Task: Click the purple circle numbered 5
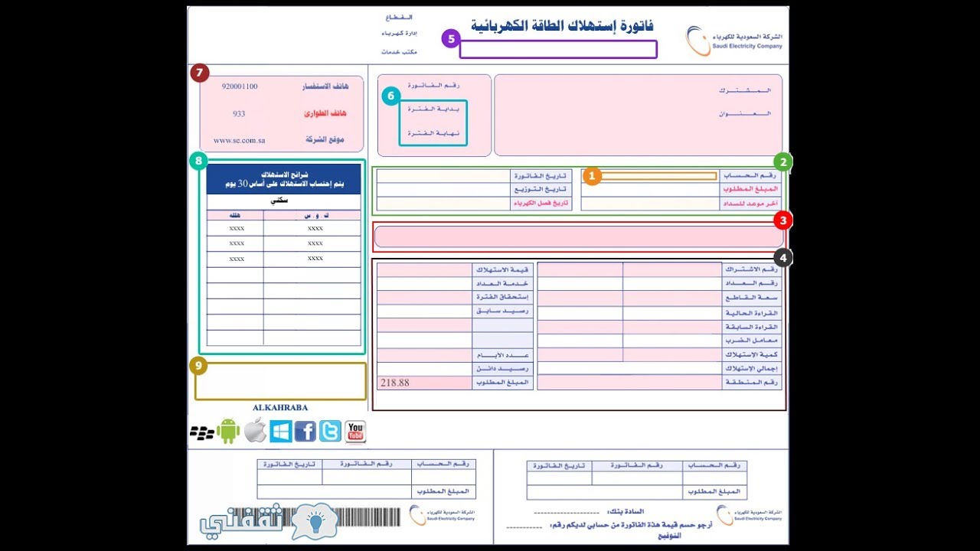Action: (451, 38)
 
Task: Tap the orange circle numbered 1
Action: (592, 176)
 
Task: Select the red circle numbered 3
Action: (782, 221)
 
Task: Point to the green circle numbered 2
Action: (782, 161)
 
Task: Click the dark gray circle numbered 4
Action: (782, 258)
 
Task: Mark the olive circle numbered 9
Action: (199, 366)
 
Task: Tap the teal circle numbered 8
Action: (199, 161)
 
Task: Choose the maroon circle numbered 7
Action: (200, 73)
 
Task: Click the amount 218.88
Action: (394, 383)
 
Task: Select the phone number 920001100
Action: (239, 86)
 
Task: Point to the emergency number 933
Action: (239, 113)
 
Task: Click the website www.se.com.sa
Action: (239, 140)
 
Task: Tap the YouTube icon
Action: (355, 432)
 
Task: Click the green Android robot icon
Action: (228, 432)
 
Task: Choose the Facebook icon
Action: (305, 432)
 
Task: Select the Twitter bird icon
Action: (330, 432)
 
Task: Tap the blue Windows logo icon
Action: (280, 432)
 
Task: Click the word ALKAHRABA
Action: (280, 408)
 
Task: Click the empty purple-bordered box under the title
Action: (558, 50)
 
